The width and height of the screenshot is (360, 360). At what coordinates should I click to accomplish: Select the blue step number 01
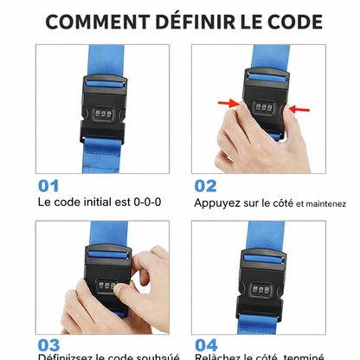[49, 185]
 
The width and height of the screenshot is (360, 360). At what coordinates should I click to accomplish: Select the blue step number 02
[205, 185]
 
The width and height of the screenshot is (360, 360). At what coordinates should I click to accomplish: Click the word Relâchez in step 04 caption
[218, 356]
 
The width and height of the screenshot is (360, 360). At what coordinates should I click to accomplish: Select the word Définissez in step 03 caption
[66, 356]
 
